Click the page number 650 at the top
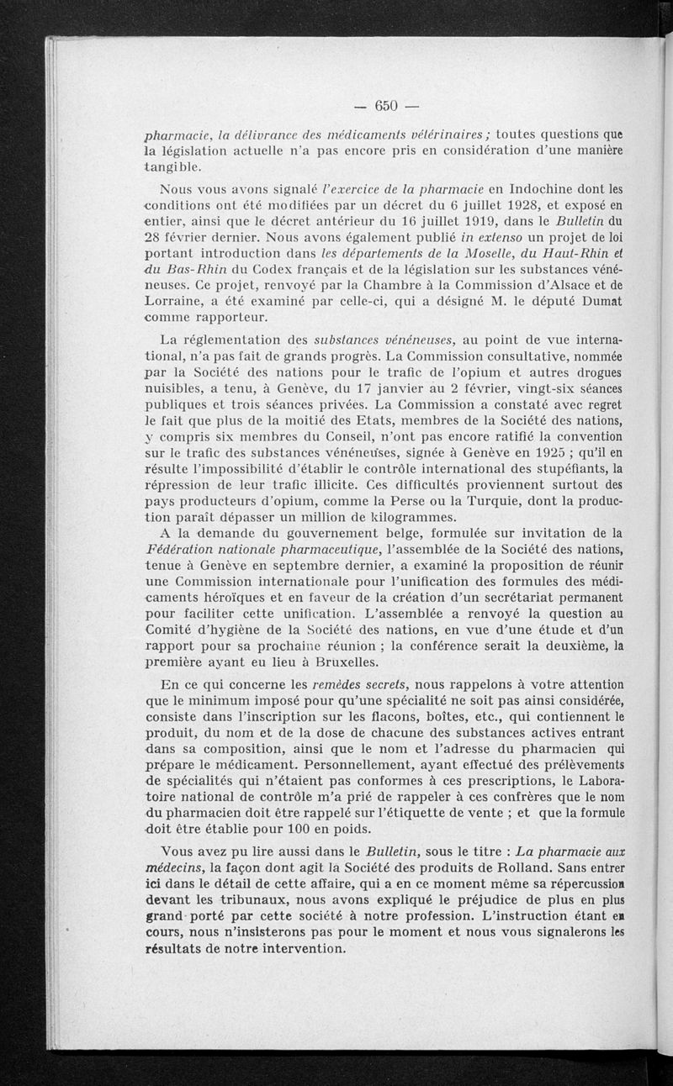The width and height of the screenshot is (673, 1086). (x=386, y=106)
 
